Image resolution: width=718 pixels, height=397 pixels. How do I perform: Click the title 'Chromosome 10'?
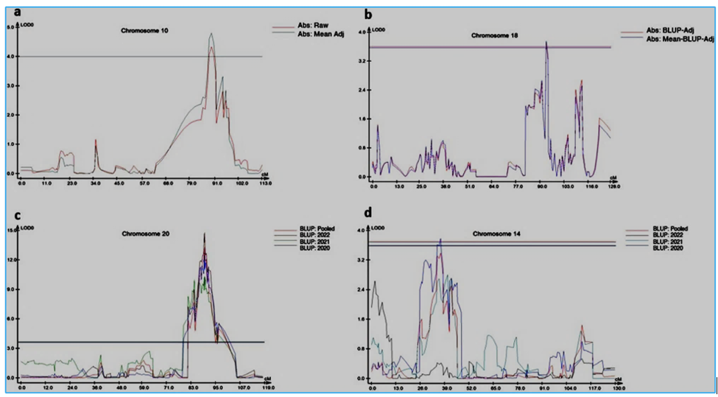pos(143,31)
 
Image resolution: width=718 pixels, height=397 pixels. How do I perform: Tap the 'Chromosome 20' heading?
pos(143,234)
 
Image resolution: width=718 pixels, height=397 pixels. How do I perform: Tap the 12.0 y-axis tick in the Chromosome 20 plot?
pos(11,260)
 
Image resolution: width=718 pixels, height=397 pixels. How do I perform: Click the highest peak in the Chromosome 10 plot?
pos(211,34)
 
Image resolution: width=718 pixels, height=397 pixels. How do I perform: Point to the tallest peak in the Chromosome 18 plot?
pos(546,43)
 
